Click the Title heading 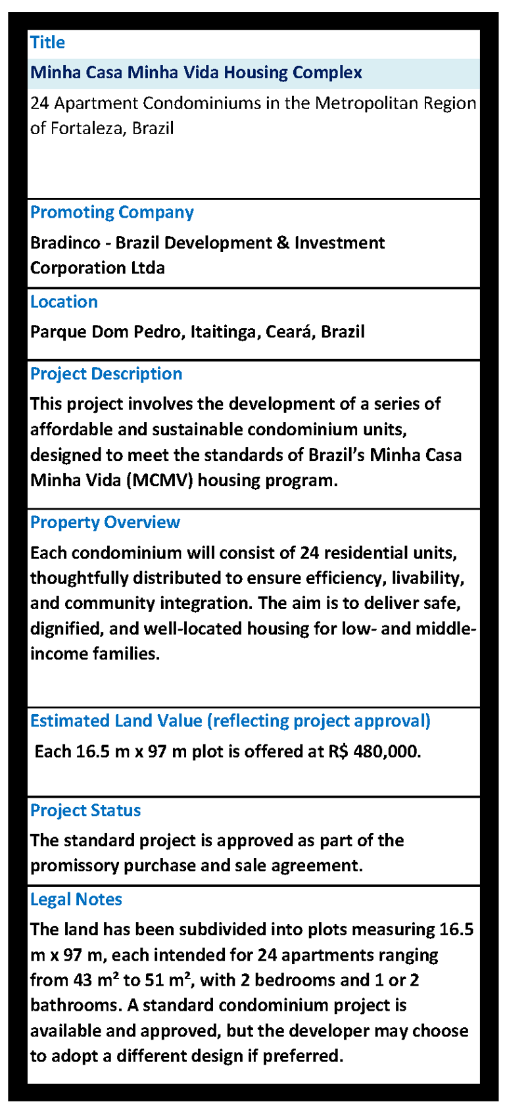coord(47,43)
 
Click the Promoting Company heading coord(112,212)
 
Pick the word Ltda coord(144,268)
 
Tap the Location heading coord(64,302)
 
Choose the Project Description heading coord(106,374)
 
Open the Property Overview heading coord(105,523)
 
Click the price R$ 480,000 coord(373,752)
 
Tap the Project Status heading coord(85,811)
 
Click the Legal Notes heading coord(76,900)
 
